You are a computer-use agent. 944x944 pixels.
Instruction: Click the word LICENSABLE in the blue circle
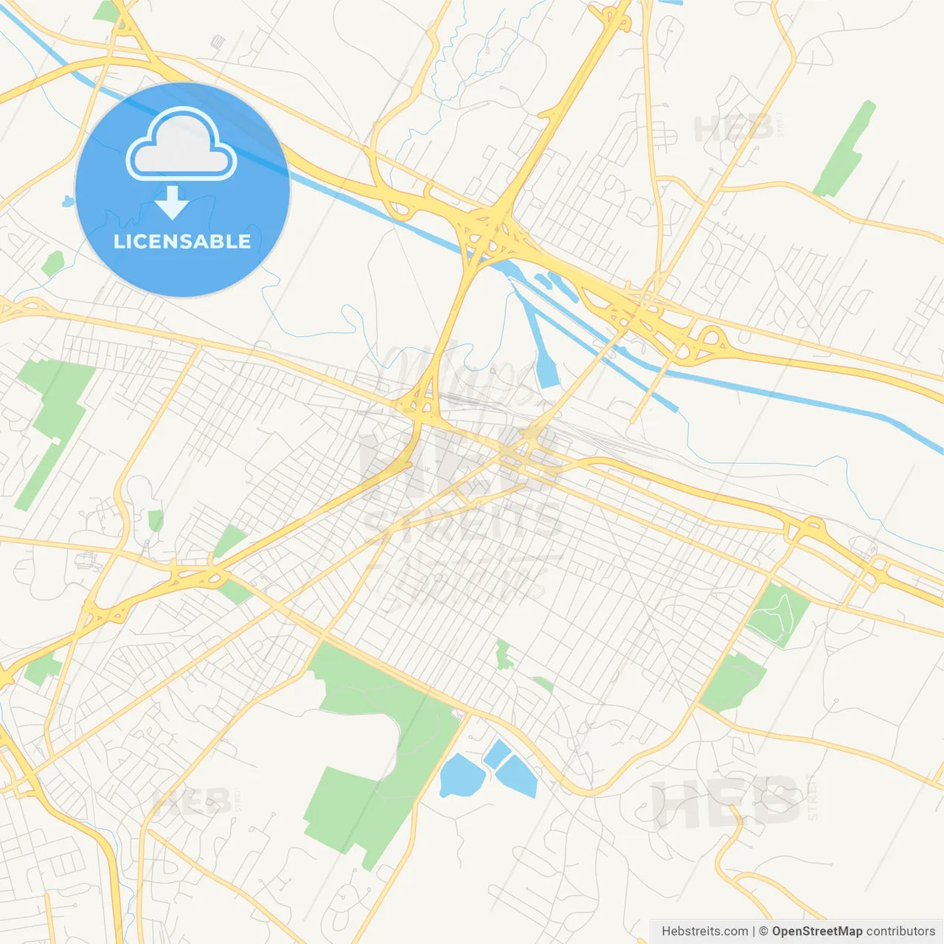[x=182, y=241]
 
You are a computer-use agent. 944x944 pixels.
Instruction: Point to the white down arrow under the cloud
[x=173, y=202]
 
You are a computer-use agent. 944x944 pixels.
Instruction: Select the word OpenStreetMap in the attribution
[x=817, y=931]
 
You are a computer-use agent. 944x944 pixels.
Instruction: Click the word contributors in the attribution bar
[x=900, y=931]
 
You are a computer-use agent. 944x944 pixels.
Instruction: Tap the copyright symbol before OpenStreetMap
[x=764, y=931]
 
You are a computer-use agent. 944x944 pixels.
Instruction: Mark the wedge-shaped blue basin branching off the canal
[x=546, y=361]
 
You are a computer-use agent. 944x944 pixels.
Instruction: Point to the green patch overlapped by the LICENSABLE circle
[x=53, y=263]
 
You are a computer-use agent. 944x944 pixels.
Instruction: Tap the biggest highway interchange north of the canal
[x=490, y=229]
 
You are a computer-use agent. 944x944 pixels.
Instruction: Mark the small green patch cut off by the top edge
[x=107, y=10]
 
